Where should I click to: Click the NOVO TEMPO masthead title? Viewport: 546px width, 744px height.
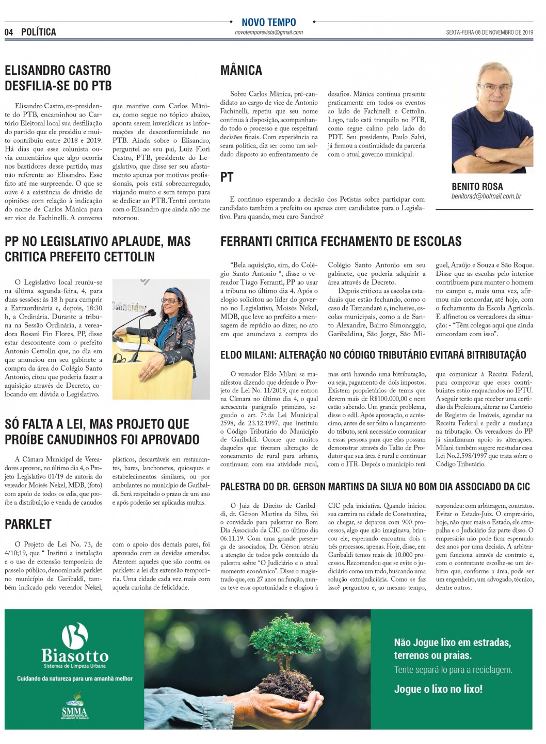pyautogui.click(x=268, y=22)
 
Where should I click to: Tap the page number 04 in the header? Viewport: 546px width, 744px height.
pyautogui.click(x=9, y=32)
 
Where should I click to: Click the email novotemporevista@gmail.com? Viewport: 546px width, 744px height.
pyautogui.click(x=268, y=32)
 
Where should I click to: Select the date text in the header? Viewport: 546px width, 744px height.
pyautogui.click(x=489, y=32)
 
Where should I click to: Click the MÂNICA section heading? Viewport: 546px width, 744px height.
pyautogui.click(x=241, y=71)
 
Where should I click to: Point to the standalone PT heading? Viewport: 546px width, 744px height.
pyautogui.click(x=227, y=177)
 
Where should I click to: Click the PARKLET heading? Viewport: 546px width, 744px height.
pyautogui.click(x=28, y=524)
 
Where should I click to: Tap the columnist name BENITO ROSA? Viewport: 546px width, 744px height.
pyautogui.click(x=477, y=187)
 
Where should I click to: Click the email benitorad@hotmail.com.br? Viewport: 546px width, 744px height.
pyautogui.click(x=486, y=196)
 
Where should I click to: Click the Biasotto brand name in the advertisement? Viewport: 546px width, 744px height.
pyautogui.click(x=75, y=656)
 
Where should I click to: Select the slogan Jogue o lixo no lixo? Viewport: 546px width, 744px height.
pyautogui.click(x=438, y=689)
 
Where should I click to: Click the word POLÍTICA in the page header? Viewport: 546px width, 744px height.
pyautogui.click(x=39, y=32)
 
